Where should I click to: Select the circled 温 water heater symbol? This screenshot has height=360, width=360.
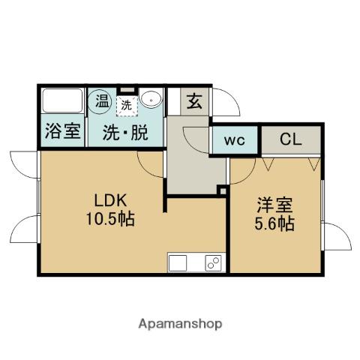tap(100, 99)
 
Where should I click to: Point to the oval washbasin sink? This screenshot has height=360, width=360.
tap(151, 99)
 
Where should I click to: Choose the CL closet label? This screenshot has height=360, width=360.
tap(291, 139)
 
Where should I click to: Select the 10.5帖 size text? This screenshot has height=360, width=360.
tap(112, 220)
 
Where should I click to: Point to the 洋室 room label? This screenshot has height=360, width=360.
tap(274, 205)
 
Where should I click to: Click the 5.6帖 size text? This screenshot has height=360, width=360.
tap(274, 223)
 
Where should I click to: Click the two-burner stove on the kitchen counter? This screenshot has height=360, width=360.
tap(213, 264)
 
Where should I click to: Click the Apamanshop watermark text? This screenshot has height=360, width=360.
tap(180, 324)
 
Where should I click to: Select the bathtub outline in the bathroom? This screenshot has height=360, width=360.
tap(61, 100)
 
